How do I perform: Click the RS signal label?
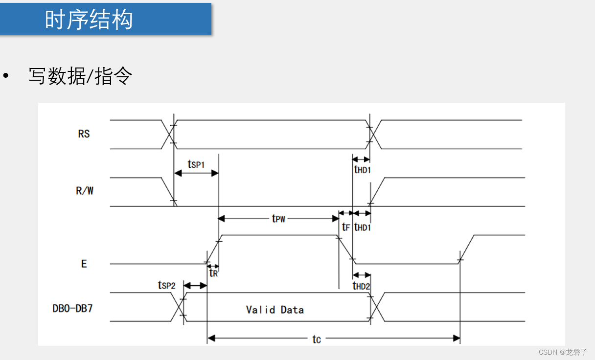click(84, 134)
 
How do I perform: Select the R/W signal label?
click(85, 191)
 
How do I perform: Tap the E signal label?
click(84, 264)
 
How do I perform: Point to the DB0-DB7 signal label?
click(72, 309)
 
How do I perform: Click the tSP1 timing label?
click(196, 164)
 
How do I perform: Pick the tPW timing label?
click(278, 218)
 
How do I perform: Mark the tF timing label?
click(346, 227)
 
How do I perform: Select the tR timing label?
click(213, 273)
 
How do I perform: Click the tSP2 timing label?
click(166, 285)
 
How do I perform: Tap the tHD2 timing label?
click(362, 286)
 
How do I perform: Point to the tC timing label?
click(317, 339)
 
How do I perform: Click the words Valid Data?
click(275, 310)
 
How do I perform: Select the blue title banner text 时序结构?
click(89, 20)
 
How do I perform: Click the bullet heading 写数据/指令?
click(80, 76)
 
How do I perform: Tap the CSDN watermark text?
click(563, 352)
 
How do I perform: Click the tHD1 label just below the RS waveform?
click(362, 169)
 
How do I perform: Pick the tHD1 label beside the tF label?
click(362, 227)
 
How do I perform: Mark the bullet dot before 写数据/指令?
click(6, 76)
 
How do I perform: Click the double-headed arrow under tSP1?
click(196, 173)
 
